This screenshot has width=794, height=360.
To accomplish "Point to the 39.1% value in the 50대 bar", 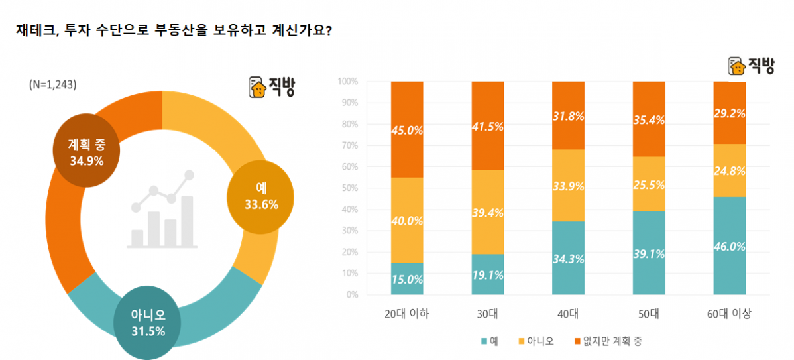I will (649, 253).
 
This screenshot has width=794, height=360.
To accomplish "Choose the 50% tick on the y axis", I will (349, 188).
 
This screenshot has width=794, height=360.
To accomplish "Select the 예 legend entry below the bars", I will (490, 341).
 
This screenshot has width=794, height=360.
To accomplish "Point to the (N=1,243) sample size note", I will (52, 85).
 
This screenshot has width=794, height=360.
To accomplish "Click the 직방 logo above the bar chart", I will (751, 66).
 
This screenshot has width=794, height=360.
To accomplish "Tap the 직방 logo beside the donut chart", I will (272, 87).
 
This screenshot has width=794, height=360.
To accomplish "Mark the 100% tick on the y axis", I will (347, 82).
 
